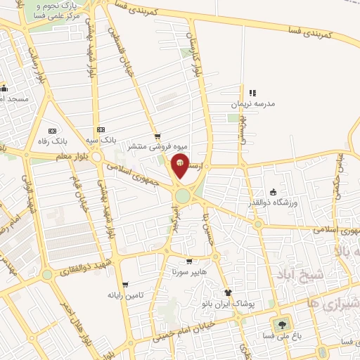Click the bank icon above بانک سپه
(101, 129)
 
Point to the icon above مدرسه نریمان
(252, 92)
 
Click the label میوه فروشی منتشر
(151, 147)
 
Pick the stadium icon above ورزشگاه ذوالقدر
(274, 193)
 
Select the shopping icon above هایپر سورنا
(188, 260)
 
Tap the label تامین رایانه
(125, 295)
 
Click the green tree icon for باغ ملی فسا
(282, 324)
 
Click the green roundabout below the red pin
(184, 195)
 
